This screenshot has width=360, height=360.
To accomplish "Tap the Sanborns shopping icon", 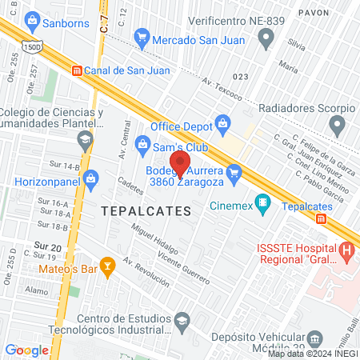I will point(32,19).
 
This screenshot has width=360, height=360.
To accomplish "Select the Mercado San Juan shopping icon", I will point(142,35).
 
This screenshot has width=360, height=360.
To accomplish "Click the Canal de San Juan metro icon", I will point(76,70).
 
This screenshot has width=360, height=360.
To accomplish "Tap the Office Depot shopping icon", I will point(222,123).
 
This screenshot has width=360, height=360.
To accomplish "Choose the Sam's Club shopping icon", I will point(142,144).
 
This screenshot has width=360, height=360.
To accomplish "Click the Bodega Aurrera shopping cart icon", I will point(234,170).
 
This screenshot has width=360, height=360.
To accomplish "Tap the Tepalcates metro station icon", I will point(321,218).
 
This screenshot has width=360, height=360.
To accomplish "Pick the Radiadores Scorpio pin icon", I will point(338,125).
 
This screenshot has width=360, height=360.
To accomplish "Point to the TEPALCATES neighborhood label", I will point(146,211).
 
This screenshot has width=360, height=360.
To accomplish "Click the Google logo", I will point(27,350).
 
